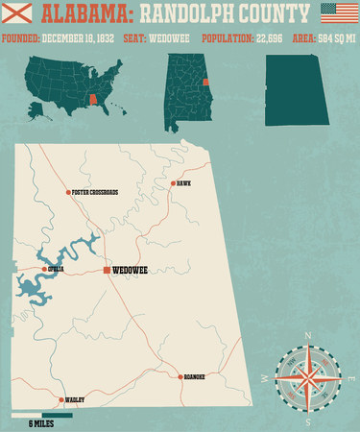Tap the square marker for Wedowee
(x=107, y=271)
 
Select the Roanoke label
(x=195, y=377)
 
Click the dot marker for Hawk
(x=173, y=183)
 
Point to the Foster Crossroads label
(x=96, y=192)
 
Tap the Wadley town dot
(x=62, y=399)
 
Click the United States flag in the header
(x=336, y=13)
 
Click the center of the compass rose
(x=307, y=378)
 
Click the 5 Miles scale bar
(x=42, y=416)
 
